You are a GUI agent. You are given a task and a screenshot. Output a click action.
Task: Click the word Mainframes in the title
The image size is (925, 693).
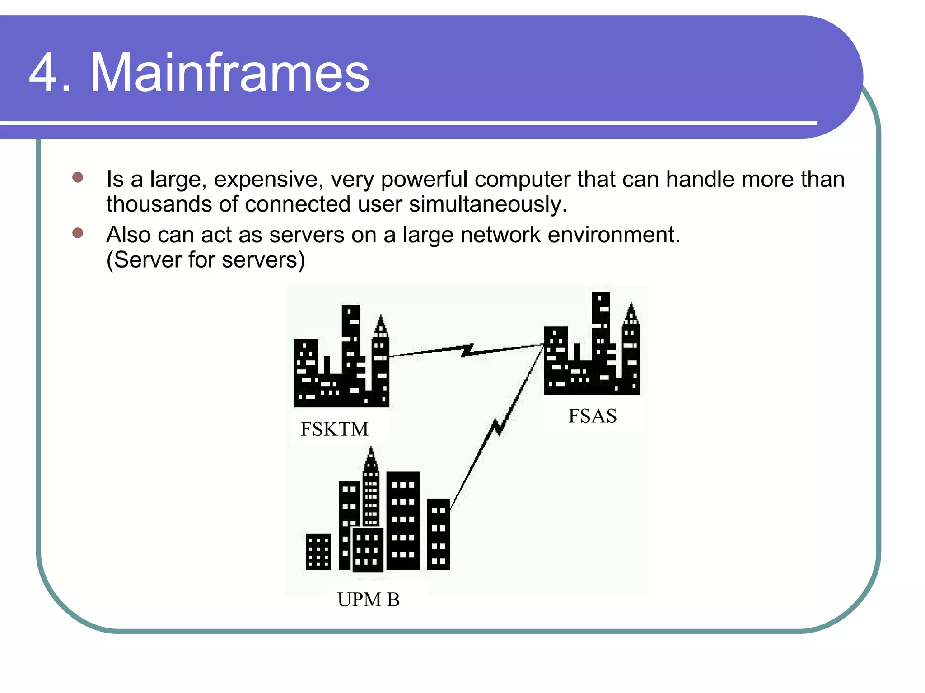tap(230, 73)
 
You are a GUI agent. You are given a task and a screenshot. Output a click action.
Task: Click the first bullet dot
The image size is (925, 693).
tap(78, 177)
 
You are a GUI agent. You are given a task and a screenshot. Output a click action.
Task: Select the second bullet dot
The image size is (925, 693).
tap(78, 233)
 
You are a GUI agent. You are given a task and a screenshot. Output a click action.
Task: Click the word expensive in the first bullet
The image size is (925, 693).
tap(269, 180)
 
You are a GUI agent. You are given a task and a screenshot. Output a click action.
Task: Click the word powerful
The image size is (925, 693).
tap(424, 180)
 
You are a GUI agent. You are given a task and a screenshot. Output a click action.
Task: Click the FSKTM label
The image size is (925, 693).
tap(335, 429)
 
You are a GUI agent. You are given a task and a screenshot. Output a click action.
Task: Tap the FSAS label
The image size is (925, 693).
tap(592, 416)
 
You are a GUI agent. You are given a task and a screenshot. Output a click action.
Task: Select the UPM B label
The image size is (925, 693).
tap(369, 600)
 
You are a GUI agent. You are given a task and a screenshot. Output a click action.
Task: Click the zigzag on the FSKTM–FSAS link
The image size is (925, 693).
tap(467, 350)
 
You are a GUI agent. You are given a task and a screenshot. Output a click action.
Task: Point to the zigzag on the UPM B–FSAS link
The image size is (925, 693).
tap(497, 426)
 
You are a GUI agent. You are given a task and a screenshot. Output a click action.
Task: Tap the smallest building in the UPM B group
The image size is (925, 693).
tap(318, 552)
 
